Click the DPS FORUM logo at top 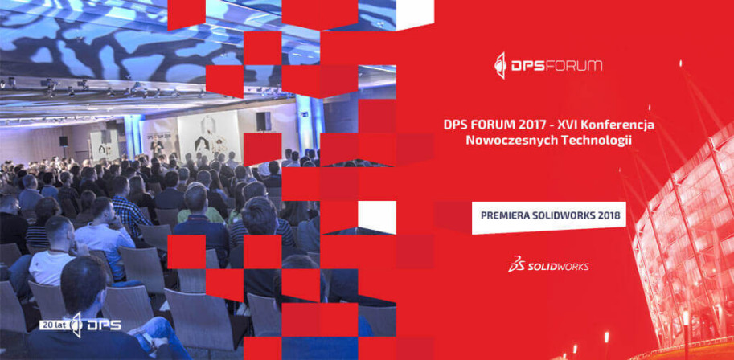[548, 66]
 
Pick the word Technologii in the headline [588, 141]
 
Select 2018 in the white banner [610, 216]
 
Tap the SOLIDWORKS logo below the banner [548, 264]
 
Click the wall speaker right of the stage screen [264, 121]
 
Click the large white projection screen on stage [208, 133]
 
